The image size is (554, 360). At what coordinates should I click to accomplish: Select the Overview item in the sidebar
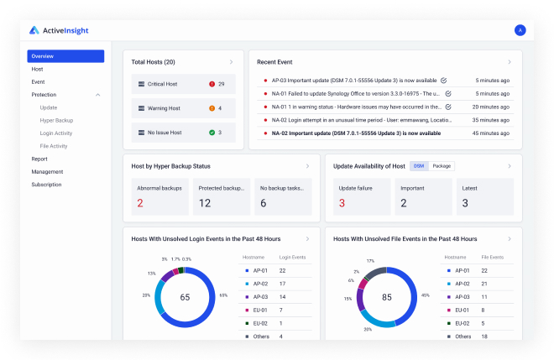pyautogui.click(x=65, y=56)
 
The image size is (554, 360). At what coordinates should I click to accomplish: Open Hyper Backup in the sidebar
pyautogui.click(x=56, y=120)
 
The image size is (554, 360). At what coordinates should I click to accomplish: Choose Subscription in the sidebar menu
pyautogui.click(x=46, y=184)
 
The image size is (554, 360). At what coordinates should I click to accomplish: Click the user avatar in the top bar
pyautogui.click(x=520, y=30)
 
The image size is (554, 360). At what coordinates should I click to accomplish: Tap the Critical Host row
pyautogui.click(x=183, y=84)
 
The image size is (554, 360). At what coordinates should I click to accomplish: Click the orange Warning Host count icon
pyautogui.click(x=212, y=108)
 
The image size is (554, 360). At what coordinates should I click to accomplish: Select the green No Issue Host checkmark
pyautogui.click(x=212, y=133)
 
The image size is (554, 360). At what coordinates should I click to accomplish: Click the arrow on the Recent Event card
pyautogui.click(x=509, y=62)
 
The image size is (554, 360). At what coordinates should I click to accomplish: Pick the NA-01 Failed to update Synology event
pyautogui.click(x=353, y=94)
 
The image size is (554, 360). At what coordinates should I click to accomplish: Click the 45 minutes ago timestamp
pyautogui.click(x=491, y=133)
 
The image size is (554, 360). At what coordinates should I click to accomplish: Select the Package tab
pyautogui.click(x=442, y=166)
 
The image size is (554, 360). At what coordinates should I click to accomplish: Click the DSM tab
pyautogui.click(x=419, y=166)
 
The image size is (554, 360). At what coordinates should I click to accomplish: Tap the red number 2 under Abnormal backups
pyautogui.click(x=140, y=203)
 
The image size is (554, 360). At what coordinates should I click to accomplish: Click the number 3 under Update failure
pyautogui.click(x=342, y=203)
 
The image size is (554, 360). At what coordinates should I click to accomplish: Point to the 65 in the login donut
pyautogui.click(x=185, y=297)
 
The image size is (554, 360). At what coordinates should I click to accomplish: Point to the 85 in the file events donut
pyautogui.click(x=386, y=297)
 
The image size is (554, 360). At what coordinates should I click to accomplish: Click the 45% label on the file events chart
pyautogui.click(x=426, y=295)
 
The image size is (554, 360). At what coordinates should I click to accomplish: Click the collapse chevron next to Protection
pyautogui.click(x=97, y=95)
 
